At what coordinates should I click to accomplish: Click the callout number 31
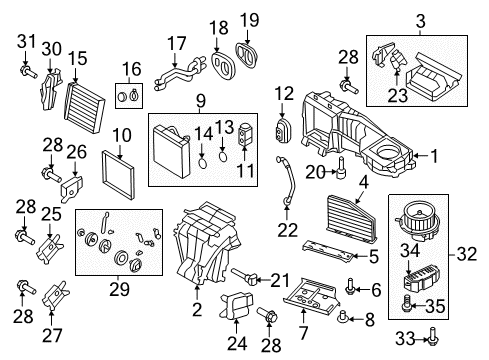26,41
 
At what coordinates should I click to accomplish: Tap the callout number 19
250,20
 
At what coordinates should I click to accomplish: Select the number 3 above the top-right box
421,21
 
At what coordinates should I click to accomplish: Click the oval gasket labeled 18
224,66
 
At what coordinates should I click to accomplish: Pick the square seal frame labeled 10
118,175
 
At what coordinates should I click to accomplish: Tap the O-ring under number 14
202,164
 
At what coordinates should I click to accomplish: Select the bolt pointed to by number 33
433,337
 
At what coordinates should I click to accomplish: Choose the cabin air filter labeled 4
352,218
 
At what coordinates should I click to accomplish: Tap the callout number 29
119,289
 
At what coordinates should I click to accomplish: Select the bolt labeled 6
350,286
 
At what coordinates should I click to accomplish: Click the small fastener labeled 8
342,317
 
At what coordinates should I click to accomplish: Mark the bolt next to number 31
28,72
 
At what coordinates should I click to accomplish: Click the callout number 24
237,343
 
